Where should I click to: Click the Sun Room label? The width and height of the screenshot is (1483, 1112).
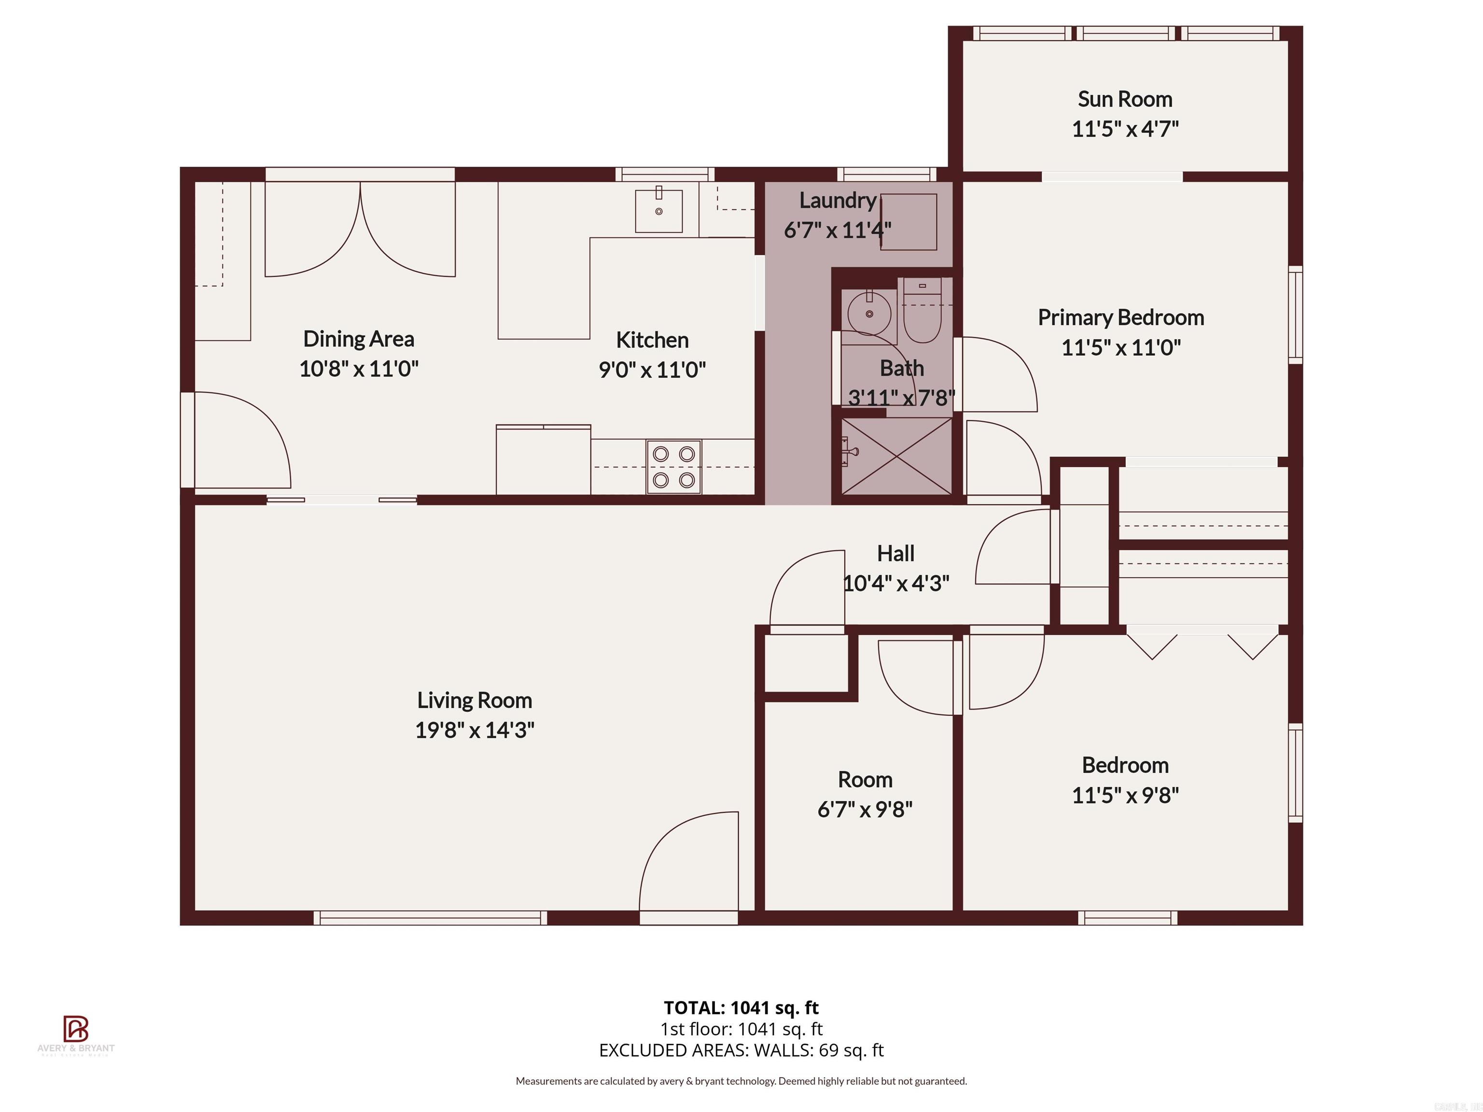point(1124,99)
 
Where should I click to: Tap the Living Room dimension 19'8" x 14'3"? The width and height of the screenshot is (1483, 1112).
point(474,730)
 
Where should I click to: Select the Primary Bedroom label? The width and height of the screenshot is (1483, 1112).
point(1120,317)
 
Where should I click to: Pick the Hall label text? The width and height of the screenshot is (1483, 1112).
point(895,554)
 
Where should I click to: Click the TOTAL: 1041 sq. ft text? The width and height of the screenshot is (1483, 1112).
point(741,1007)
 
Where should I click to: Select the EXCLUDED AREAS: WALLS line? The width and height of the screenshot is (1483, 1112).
point(741,1050)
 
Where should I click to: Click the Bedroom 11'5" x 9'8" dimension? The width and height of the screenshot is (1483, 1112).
point(1124,795)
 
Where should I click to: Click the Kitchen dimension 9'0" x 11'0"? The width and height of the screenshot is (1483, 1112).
point(652,369)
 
